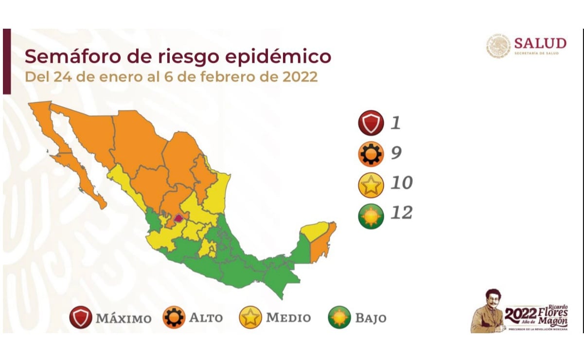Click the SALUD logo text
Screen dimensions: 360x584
click(x=540, y=43)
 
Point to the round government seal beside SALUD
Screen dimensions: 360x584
click(x=498, y=45)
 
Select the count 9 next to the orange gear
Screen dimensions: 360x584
click(x=396, y=153)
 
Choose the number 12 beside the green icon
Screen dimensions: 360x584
click(x=400, y=213)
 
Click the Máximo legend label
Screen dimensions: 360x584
click(x=124, y=319)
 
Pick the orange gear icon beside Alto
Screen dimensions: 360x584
click(x=174, y=318)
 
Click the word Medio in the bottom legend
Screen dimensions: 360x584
click(x=288, y=318)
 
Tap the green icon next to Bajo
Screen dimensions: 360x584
click(x=339, y=318)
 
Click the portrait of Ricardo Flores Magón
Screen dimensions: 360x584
click(x=488, y=311)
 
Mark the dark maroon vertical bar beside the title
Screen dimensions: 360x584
click(x=6, y=61)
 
